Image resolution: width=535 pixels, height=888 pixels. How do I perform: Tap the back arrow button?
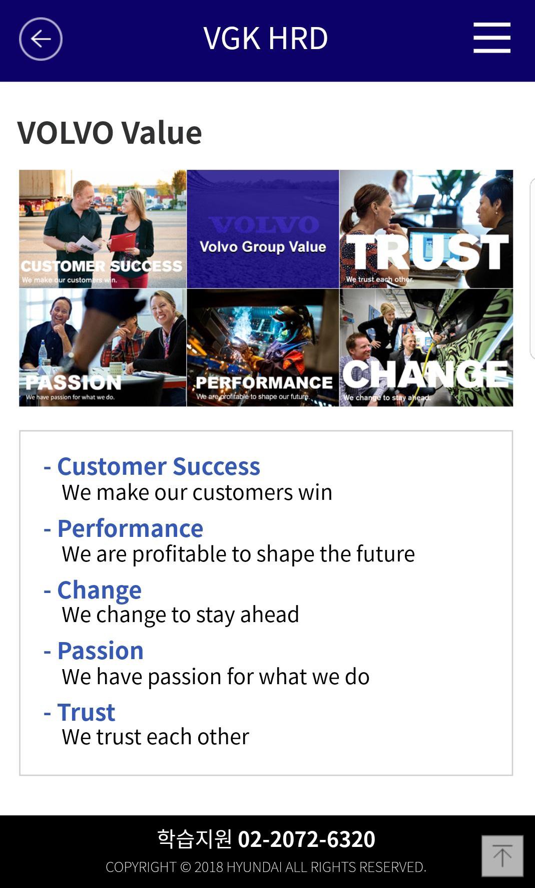coord(41,39)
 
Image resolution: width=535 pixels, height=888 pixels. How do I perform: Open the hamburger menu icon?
coord(492,38)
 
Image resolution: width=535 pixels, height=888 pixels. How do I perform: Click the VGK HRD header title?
coord(265,38)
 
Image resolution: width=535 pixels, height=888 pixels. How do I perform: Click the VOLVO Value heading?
coord(110,133)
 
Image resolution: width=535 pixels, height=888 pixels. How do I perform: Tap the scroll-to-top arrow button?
coord(502,856)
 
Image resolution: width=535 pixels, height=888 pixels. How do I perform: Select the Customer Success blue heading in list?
coord(159,466)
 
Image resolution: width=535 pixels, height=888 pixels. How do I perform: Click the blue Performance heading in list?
coord(130,528)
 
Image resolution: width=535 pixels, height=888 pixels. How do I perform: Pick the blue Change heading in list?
coord(100,590)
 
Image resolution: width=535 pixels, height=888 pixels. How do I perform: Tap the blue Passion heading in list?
coord(101,651)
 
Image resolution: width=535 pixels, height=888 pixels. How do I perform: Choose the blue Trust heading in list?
coord(86,712)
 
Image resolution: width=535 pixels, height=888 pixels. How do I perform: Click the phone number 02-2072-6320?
coord(306,839)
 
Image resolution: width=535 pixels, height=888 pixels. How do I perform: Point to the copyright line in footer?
coord(266,867)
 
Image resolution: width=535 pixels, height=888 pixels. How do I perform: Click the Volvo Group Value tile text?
coord(263,246)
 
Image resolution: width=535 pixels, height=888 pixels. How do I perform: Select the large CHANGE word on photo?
coord(425,374)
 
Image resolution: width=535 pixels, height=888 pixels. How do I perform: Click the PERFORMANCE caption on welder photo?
coord(264,383)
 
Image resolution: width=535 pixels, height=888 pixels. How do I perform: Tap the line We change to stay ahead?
coord(180,615)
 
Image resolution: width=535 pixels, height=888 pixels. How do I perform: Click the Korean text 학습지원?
coord(195,839)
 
